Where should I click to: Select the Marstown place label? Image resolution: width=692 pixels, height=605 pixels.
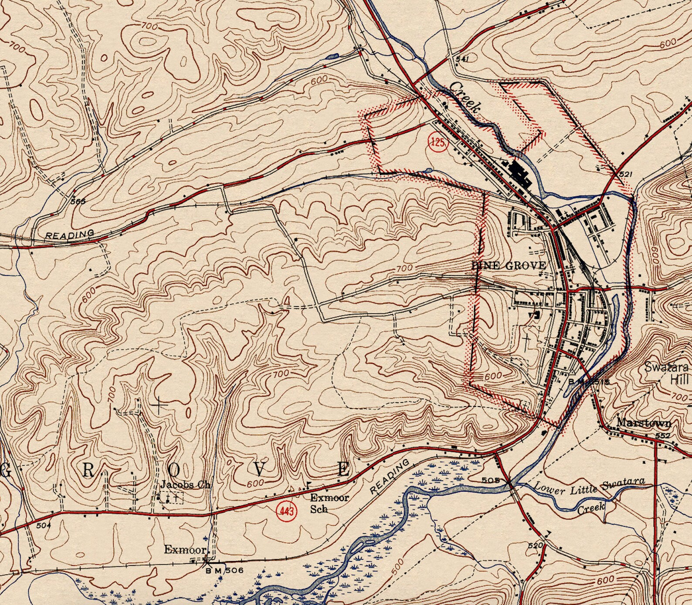point(644,423)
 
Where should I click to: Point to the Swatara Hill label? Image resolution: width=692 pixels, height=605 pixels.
point(666,373)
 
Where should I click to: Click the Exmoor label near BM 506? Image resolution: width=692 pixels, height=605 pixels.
point(185,550)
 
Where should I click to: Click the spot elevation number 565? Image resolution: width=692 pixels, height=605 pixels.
point(79,201)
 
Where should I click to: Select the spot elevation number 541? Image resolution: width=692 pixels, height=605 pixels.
point(462,59)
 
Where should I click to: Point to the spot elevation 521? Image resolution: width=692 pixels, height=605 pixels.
point(625,174)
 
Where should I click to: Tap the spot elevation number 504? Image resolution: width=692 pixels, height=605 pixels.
point(44,525)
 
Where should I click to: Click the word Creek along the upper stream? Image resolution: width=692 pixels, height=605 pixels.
point(465,97)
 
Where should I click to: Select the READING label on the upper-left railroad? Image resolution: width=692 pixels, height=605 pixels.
point(70,234)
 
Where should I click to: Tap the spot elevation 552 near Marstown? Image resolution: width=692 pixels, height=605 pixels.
point(662,435)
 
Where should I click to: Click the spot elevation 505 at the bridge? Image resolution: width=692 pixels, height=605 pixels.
point(491,481)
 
